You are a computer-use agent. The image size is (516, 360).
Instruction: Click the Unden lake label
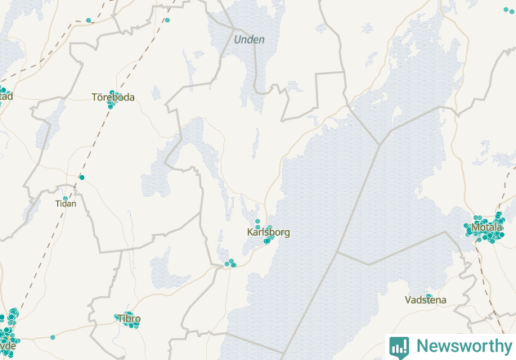pos(249,39)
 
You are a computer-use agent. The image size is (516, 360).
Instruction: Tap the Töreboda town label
pos(113,97)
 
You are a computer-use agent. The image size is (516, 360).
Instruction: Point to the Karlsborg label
pos(268,232)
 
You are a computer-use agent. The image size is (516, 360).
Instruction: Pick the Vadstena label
pos(425,300)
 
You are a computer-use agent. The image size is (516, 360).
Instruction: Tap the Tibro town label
pos(129,318)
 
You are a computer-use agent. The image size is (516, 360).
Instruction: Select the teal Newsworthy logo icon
pos(399,346)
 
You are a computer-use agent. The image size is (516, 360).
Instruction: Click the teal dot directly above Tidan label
pos(65,198)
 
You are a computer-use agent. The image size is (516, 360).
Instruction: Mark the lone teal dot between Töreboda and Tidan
pos(82,177)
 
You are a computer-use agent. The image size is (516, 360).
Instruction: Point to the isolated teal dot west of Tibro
pos(53,336)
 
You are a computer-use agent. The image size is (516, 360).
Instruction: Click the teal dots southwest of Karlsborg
pos(229,263)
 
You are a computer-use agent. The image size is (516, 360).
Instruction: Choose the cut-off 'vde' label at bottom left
pos(7,344)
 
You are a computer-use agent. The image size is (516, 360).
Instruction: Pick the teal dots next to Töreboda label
pos(111,105)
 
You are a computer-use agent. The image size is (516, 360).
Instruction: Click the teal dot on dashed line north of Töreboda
pos(88,20)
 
